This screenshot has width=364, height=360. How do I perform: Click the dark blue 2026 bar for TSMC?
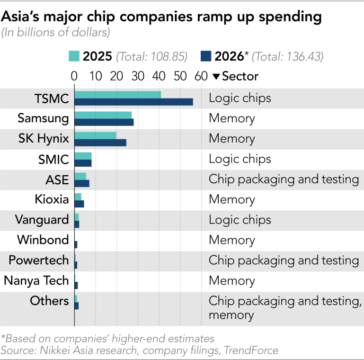pyautogui.click(x=133, y=102)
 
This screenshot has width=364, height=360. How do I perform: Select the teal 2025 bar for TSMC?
pyautogui.click(x=117, y=95)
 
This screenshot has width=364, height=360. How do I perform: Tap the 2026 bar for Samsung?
pyautogui.click(x=104, y=122)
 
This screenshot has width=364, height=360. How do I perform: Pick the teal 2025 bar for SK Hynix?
pyautogui.click(x=95, y=135)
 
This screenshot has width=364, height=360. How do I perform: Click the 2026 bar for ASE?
pyautogui.click(x=81, y=183)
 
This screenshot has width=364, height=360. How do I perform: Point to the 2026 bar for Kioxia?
pyautogui.click(x=79, y=204)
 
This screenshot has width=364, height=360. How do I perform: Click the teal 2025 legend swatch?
pyautogui.click(x=73, y=56)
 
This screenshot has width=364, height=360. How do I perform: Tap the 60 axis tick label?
pyautogui.click(x=201, y=76)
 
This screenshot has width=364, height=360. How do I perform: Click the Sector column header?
pyautogui.click(x=235, y=76)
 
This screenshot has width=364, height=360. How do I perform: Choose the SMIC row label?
pyautogui.click(x=53, y=159)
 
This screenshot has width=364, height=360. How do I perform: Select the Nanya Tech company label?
pyautogui.click(x=36, y=280)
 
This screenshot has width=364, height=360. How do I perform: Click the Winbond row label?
pyautogui.click(x=43, y=240)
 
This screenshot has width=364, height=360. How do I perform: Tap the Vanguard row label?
pyautogui.click(x=42, y=220)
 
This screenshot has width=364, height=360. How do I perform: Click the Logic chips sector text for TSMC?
pyautogui.click(x=240, y=98)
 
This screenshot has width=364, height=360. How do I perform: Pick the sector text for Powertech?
pyautogui.click(x=284, y=260)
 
